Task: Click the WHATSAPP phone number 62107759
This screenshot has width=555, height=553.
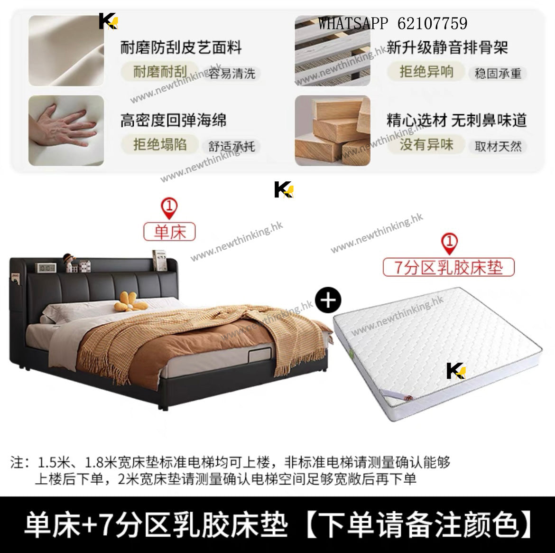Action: [x=432, y=23]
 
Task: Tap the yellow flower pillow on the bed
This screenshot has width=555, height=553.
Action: [x=130, y=302]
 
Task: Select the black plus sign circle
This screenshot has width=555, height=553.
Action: [x=328, y=300]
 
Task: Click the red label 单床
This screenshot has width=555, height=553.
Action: [x=169, y=232]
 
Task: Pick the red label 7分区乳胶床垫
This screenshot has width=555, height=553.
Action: [x=448, y=267]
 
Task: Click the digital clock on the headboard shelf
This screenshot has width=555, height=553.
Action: [x=46, y=267]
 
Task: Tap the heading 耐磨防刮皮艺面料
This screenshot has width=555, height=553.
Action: [x=181, y=47]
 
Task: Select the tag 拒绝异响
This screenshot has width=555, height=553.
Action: [x=426, y=72]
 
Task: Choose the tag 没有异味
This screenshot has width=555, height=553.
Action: [x=426, y=144]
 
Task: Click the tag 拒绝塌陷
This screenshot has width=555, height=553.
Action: [x=160, y=144]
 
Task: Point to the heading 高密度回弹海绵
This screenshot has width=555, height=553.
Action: [x=173, y=120]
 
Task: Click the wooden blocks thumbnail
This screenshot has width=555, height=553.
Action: [x=333, y=131]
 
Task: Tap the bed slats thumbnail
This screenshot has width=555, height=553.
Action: [x=333, y=51]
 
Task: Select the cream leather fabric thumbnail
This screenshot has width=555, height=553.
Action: [x=66, y=51]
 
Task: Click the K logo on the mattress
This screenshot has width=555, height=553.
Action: [x=456, y=371]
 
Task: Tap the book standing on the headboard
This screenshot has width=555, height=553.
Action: [x=159, y=261]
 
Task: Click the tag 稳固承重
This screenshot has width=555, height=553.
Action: [x=498, y=74]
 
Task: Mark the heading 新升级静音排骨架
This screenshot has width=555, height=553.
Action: [x=447, y=47]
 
